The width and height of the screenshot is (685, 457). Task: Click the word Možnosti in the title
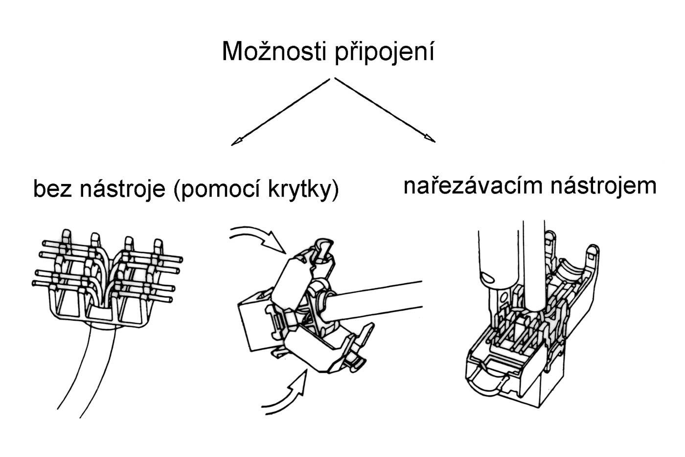point(275,52)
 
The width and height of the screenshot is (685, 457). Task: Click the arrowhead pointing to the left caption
point(237,142)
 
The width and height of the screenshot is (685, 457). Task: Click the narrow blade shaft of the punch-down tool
point(533,264)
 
